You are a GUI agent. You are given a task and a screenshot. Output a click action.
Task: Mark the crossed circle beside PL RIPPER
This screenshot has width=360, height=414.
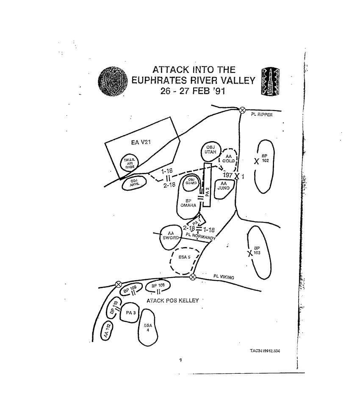[x=242, y=109]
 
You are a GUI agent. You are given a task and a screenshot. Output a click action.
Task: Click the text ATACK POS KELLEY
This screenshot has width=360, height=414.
[x=172, y=300]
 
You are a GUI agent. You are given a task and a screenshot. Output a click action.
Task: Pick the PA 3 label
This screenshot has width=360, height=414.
[x=130, y=314]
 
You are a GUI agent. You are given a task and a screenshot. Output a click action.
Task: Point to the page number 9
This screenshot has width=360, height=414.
[x=180, y=360]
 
